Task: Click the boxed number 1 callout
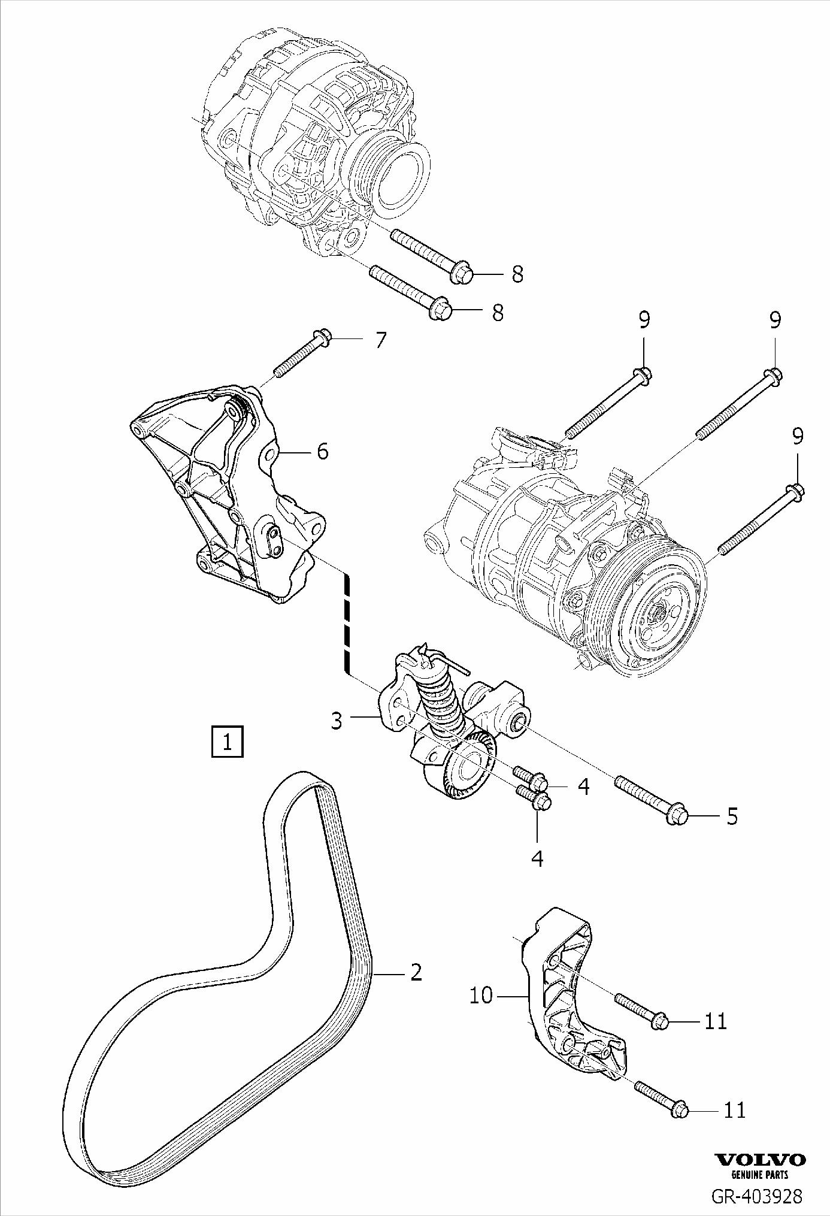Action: point(228,742)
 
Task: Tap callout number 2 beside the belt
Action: point(416,972)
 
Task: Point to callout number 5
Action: point(732,816)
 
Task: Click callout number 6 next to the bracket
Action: point(322,451)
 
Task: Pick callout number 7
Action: point(380,340)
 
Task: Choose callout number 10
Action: point(481,996)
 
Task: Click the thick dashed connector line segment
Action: point(346,623)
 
